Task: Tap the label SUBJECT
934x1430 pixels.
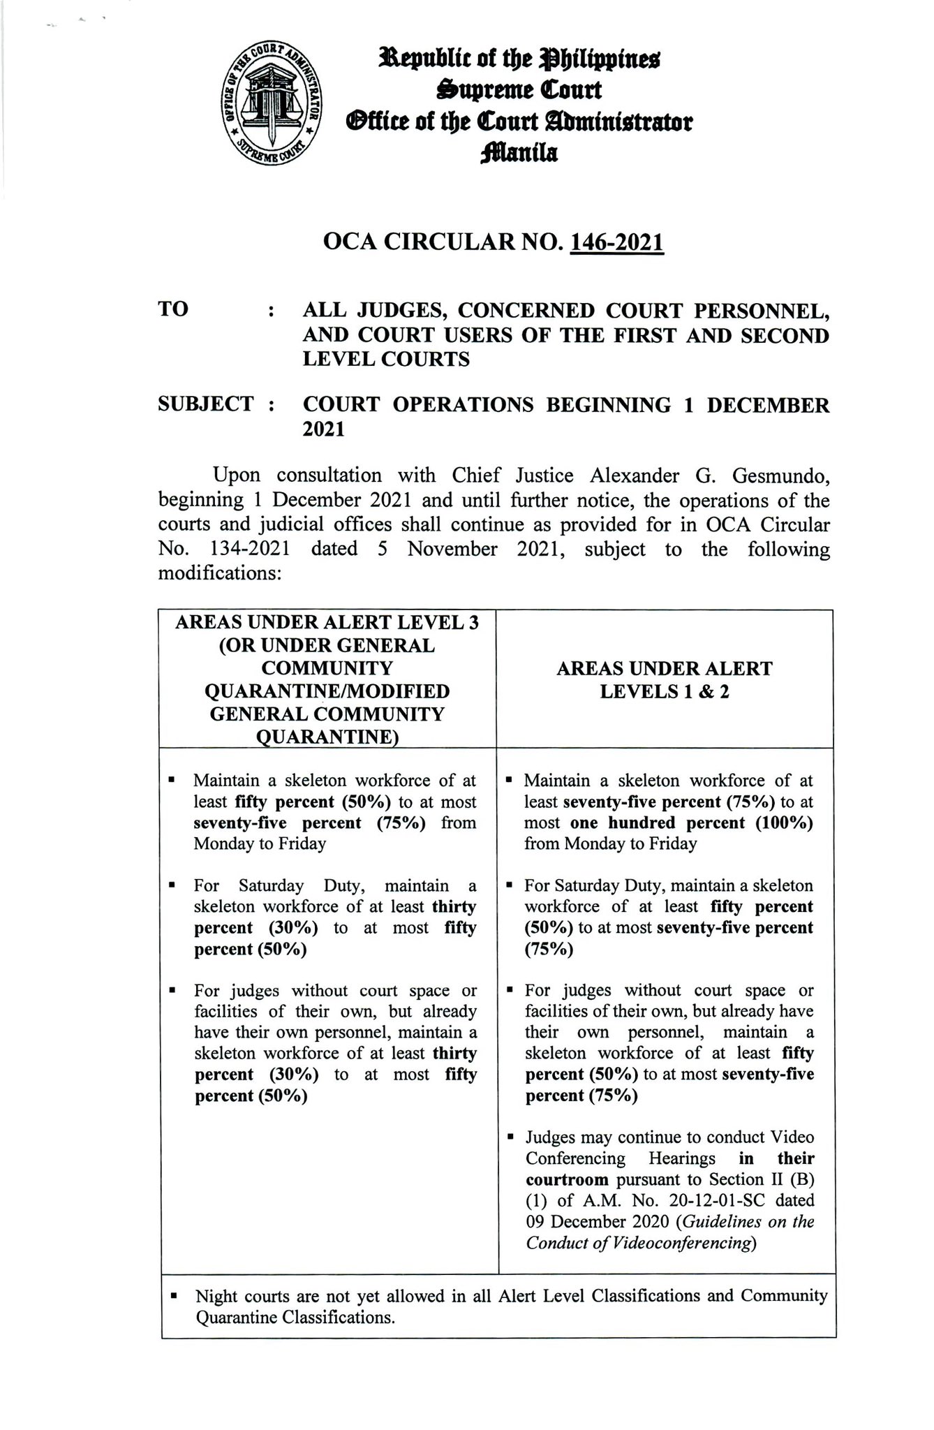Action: [x=206, y=404]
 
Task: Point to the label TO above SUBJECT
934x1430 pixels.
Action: [x=173, y=309]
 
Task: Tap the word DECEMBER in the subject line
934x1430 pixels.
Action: [x=769, y=404]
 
